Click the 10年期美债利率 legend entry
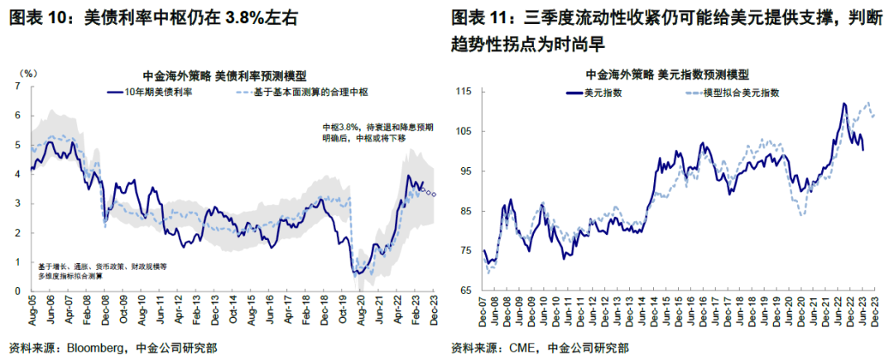pos(159,90)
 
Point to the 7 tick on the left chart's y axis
pos(19,86)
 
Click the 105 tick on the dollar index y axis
pos(465,131)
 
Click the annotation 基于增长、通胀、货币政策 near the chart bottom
pos(103,271)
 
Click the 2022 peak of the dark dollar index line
pos(844,103)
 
